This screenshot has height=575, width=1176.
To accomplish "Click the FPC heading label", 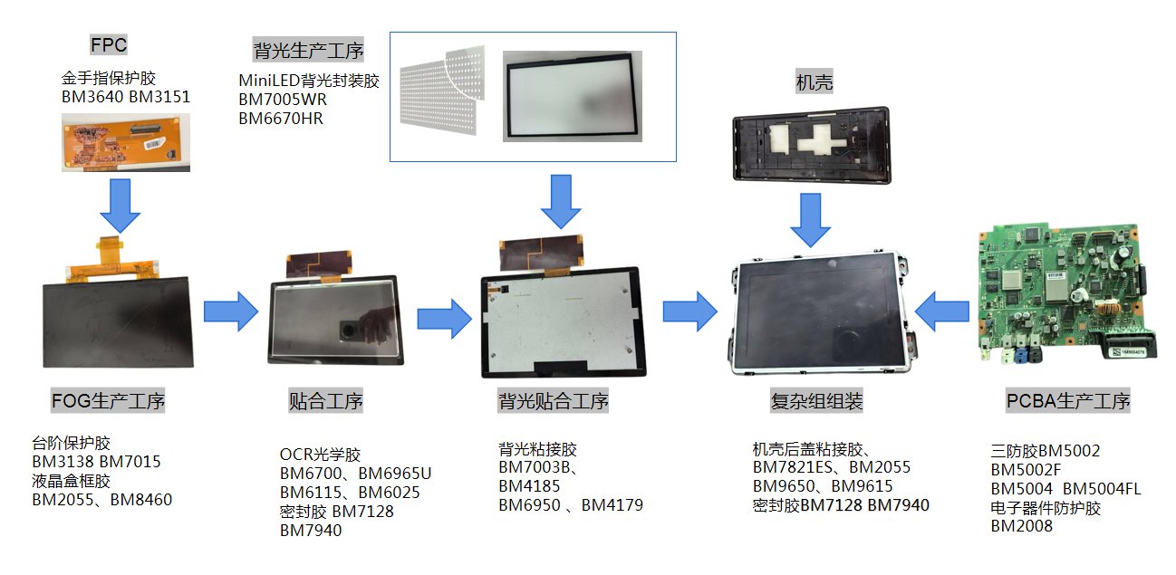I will coord(109,44).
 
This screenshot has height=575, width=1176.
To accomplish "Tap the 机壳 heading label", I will coord(814,82).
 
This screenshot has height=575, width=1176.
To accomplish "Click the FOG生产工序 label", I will coord(109,400).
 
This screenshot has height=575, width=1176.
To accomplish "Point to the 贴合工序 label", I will coord(326,400).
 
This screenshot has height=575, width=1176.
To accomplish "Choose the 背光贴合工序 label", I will coord(553,400).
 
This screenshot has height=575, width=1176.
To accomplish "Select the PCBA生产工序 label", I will coord(1068,400).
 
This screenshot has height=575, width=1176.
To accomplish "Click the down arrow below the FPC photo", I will coord(120,205).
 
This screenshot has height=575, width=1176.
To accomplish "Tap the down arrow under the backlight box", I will coord(562,201).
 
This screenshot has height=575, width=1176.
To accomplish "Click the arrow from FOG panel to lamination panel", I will coord(231,311).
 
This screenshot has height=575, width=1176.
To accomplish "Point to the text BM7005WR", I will coord(283,100).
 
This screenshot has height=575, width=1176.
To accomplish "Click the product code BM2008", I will coord(1021,526).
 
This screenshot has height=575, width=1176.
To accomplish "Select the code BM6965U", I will coord(395,474).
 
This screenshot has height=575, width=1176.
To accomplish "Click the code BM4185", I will coord(529,486).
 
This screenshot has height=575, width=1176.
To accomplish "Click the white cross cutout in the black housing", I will coord(821,137).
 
